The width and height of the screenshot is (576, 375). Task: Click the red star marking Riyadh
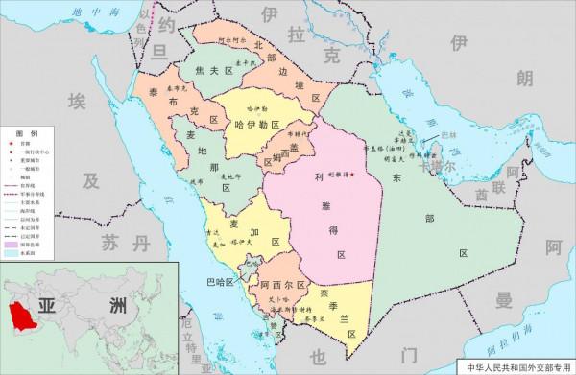point(352,175)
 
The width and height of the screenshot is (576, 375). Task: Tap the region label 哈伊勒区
point(255,126)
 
